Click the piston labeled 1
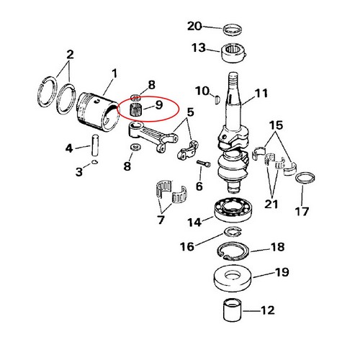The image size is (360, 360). point(98,111)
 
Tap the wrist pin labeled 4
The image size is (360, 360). point(95,145)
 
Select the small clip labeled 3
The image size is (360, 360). point(95,162)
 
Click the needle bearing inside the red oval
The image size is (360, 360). point(136,109)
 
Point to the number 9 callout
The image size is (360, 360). point(158,105)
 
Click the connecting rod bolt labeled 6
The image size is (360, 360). point(204,163)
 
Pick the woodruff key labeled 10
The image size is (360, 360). point(217,99)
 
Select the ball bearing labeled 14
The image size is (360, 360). point(233,210)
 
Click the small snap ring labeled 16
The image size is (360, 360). point(233,231)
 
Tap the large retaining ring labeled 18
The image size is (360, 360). point(233,251)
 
